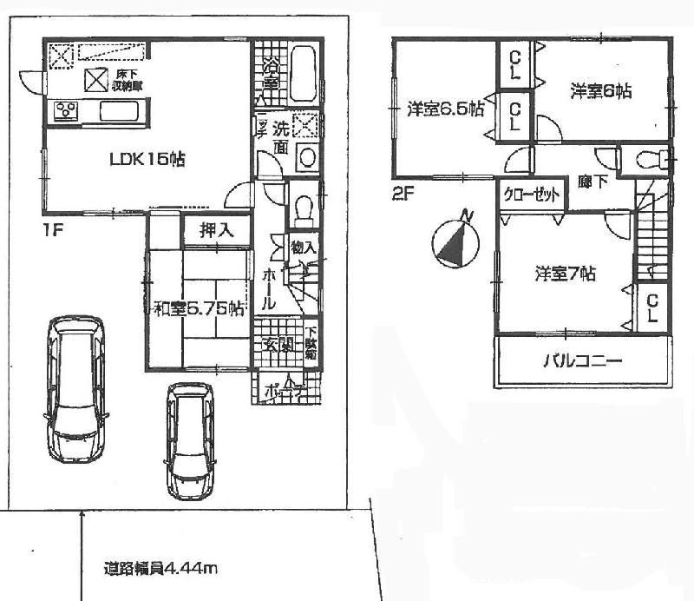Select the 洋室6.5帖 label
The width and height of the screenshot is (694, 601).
coord(445,110)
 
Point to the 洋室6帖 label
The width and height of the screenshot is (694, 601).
coord(600,89)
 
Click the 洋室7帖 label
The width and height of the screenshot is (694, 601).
coord(564,274)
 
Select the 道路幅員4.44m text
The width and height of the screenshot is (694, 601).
coord(160,571)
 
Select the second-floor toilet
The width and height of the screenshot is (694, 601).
coord(645,161)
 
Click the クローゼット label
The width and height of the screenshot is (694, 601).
coord(531,196)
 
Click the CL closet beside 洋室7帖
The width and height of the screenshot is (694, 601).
coord(652,307)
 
